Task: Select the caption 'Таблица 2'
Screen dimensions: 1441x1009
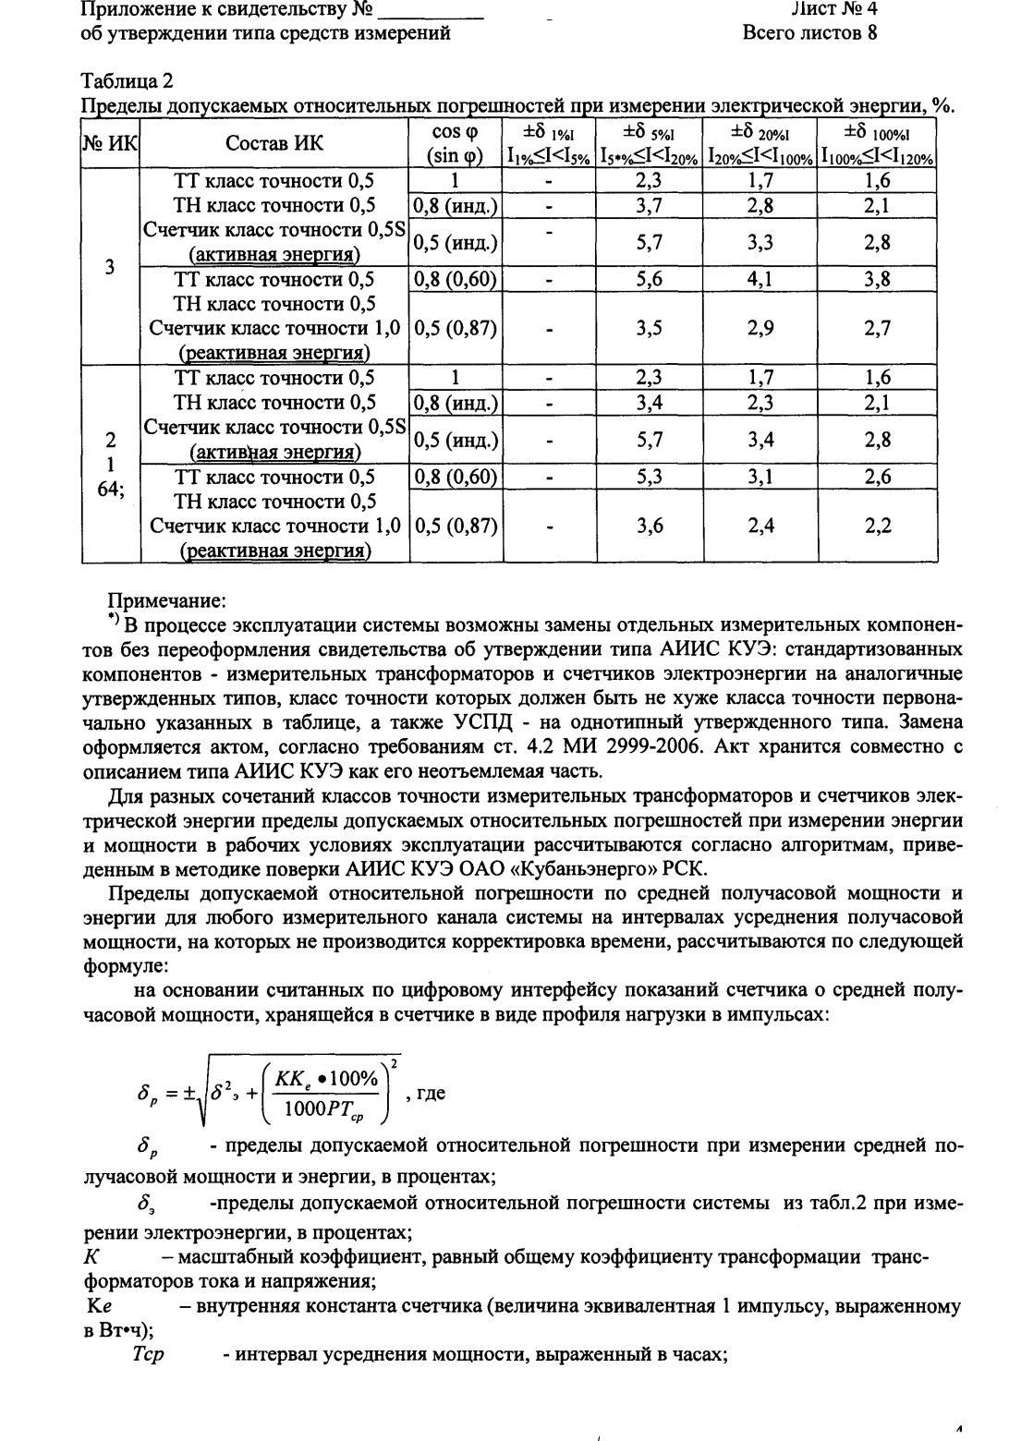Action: coord(127,81)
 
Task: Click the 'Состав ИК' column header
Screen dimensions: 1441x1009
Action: coord(274,143)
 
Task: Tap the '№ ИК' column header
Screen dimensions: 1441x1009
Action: coord(110,143)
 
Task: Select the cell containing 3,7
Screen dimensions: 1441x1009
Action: coord(650,206)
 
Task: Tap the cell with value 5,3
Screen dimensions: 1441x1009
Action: coord(650,478)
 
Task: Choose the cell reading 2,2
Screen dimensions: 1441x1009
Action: coord(877,527)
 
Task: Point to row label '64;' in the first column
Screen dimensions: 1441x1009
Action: coord(111,491)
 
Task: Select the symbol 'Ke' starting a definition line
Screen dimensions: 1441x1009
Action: coord(98,1307)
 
